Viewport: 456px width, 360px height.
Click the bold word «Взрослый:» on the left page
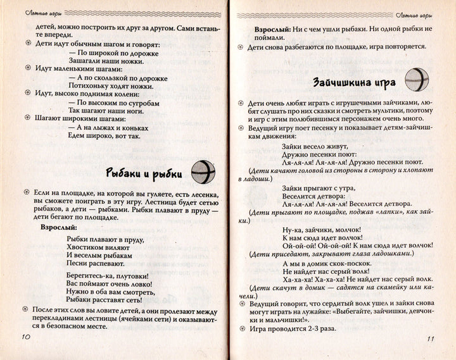59,226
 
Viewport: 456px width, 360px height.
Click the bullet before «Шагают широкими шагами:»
28,117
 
